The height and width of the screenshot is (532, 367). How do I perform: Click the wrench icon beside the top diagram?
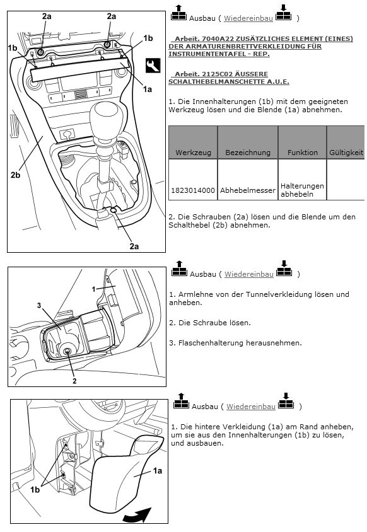(153, 65)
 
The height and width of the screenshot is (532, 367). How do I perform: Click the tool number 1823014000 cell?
(193, 190)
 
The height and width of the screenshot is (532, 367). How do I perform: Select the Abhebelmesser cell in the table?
(247, 190)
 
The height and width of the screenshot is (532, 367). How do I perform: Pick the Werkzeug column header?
(193, 153)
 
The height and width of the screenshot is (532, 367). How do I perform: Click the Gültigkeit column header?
(346, 153)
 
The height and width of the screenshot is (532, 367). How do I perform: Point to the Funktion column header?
(303, 153)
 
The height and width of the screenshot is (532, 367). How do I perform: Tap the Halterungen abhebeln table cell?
(302, 190)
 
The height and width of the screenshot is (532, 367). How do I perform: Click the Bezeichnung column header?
(248, 153)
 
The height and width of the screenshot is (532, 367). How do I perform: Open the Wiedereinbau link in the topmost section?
(248, 18)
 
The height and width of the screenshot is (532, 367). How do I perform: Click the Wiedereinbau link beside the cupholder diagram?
(249, 274)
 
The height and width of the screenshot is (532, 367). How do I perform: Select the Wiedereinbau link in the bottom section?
(250, 407)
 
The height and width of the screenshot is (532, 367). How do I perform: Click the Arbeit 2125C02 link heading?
(229, 78)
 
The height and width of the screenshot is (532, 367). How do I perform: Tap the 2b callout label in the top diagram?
(15, 175)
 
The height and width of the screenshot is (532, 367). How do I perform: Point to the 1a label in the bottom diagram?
(157, 471)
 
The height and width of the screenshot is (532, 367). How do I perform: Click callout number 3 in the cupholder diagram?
(39, 305)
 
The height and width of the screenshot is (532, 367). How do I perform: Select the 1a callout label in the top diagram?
(148, 90)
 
